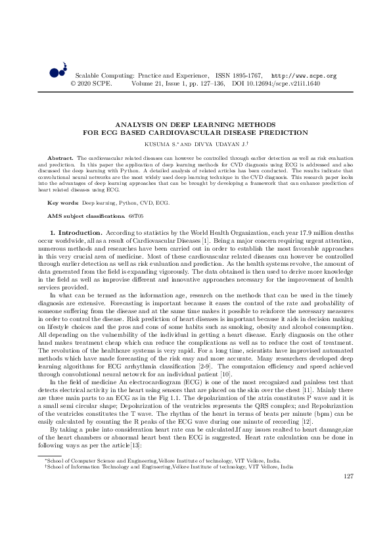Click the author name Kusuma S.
point(162,142)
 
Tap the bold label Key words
point(63,203)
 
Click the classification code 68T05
point(136,216)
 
